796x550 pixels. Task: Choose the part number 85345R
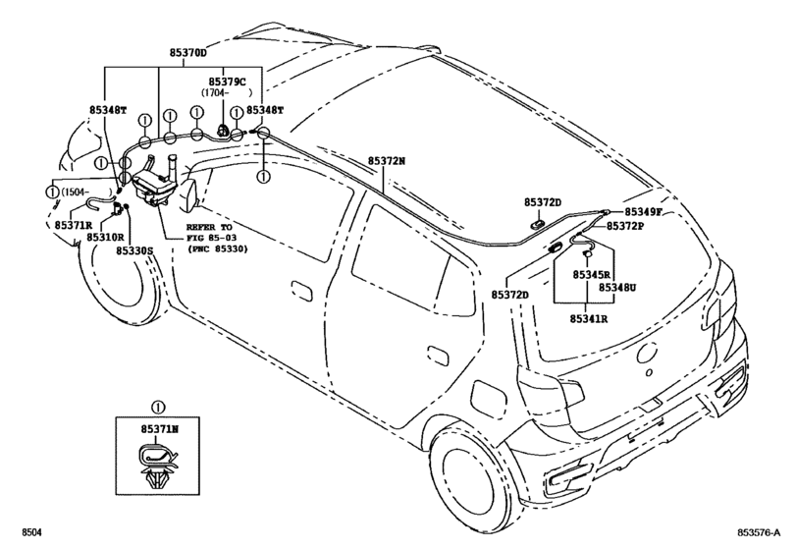594,275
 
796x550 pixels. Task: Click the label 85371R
74,225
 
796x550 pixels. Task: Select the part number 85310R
105,237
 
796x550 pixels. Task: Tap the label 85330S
135,250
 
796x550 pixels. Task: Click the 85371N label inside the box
158,429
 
